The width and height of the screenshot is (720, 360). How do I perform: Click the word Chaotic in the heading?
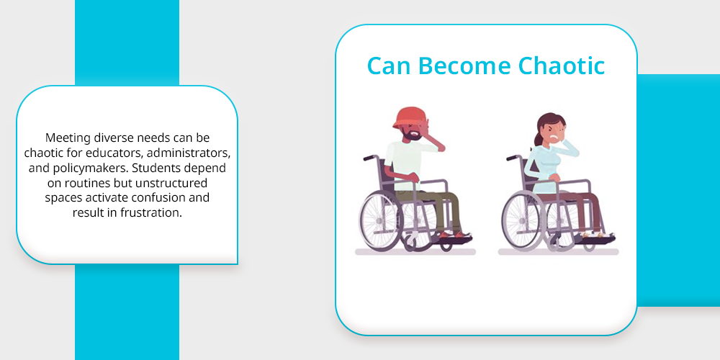click(561, 66)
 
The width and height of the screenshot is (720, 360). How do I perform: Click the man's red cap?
click(410, 117)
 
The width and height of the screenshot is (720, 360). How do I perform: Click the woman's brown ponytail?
click(538, 135)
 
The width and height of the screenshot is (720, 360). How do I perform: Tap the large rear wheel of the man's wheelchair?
click(381, 220)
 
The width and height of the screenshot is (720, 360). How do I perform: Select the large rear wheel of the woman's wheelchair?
click(524, 220)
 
